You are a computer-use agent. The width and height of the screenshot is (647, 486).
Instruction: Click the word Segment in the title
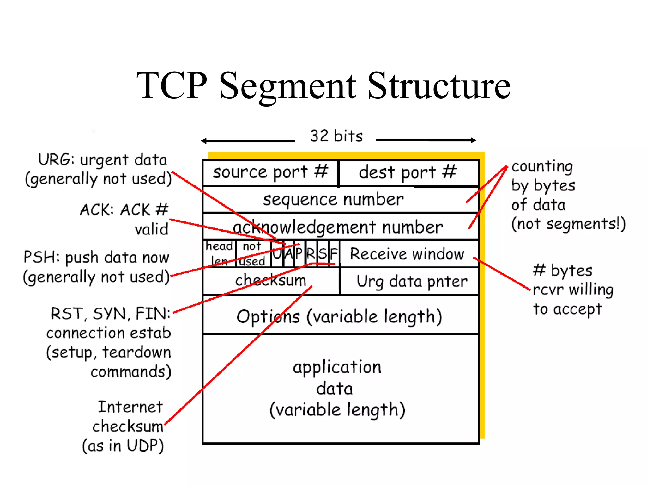pyautogui.click(x=287, y=86)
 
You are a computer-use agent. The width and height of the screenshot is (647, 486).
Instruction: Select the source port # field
pyautogui.click(x=270, y=173)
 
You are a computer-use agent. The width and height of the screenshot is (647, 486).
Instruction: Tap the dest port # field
pyautogui.click(x=408, y=173)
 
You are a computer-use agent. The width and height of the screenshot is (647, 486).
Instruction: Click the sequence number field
pyautogui.click(x=334, y=200)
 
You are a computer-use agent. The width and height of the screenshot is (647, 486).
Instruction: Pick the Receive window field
pyautogui.click(x=408, y=254)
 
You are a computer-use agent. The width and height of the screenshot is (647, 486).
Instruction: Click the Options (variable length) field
pyautogui.click(x=339, y=316)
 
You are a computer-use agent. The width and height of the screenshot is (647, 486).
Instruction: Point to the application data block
pyautogui.click(x=337, y=388)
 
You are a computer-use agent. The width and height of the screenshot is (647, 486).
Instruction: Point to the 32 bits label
pyautogui.click(x=336, y=136)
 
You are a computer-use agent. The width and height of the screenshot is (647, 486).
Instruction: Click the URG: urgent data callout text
pyautogui.click(x=103, y=160)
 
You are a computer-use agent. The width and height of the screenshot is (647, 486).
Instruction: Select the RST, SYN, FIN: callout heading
pyautogui.click(x=111, y=314)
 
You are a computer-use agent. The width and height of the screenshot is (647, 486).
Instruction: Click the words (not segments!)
pyautogui.click(x=568, y=224)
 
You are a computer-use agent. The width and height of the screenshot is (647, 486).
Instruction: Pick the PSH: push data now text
pyautogui.click(x=96, y=257)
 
